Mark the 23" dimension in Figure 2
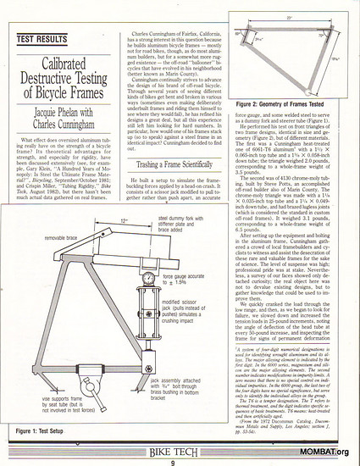pos(290,16)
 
